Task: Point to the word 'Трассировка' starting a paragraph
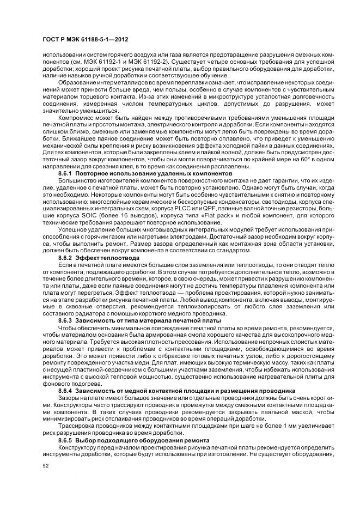pos(76,426)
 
